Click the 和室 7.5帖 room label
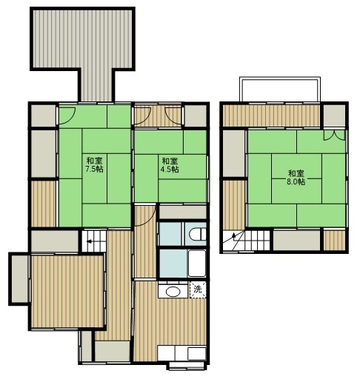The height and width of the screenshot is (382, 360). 95,164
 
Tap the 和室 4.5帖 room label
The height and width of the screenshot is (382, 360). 170,165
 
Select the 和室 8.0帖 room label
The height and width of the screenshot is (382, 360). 296,177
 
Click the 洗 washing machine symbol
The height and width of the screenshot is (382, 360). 198,289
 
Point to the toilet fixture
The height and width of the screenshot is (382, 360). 198,234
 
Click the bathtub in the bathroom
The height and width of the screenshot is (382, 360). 197,263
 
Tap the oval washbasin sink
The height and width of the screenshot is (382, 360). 173,292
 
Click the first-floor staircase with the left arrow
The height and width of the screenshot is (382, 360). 94,241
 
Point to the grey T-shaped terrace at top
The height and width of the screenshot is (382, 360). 82,47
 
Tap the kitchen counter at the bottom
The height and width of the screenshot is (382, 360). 181,353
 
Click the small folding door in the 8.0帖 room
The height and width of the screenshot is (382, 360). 334,135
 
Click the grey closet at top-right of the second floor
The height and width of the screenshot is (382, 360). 334,115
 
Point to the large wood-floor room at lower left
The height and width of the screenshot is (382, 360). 67,292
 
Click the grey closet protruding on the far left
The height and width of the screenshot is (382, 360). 20,279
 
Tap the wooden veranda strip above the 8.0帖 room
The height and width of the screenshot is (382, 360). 272,115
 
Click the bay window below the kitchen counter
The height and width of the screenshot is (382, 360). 187,366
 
